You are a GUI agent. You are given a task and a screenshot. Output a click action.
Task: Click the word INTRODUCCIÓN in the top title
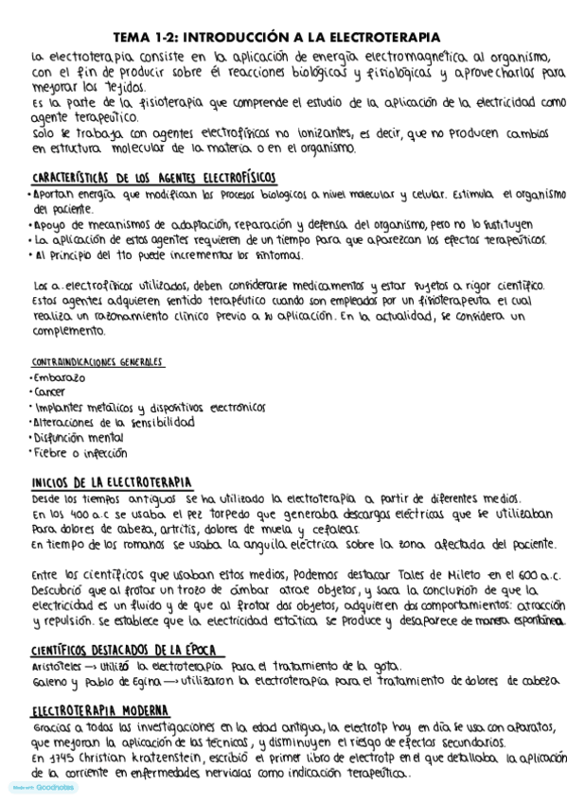234,37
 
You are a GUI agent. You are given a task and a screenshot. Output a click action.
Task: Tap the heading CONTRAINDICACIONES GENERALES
97,362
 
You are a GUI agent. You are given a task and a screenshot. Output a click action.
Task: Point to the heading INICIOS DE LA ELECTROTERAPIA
112,481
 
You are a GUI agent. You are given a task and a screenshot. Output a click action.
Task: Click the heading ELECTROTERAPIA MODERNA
100,710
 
